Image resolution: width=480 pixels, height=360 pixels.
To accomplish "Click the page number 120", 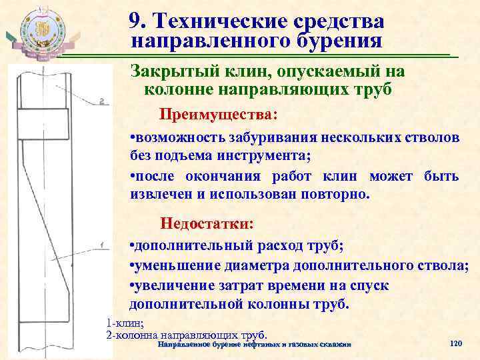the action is click(456, 343).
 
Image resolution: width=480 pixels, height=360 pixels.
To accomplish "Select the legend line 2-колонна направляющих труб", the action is click(187, 333).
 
